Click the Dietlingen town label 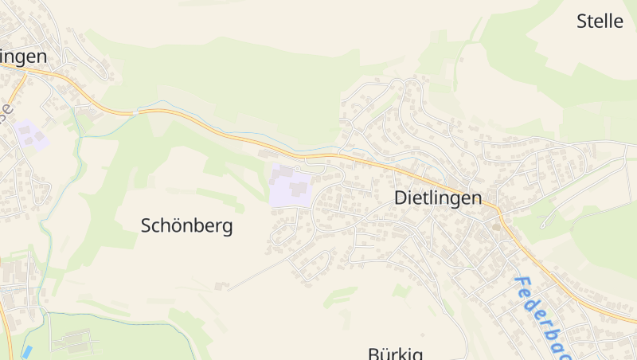[x=438, y=198]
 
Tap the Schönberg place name [x=186, y=226]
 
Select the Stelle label [x=600, y=22]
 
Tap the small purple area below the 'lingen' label [x=31, y=135]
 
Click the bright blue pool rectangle [x=28, y=351]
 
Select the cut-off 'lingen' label [x=23, y=57]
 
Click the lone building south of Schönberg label [x=221, y=284]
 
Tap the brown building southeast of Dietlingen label [x=497, y=228]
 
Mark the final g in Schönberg [x=228, y=228]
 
